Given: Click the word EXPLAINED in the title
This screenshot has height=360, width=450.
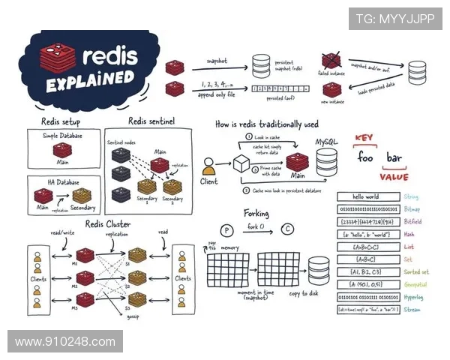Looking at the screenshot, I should (x=88, y=77).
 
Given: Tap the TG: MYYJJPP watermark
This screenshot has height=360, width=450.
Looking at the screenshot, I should (x=394, y=19).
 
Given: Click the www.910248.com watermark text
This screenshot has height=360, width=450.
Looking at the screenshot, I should (x=64, y=341).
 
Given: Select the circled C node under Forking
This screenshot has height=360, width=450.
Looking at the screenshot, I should (x=287, y=229).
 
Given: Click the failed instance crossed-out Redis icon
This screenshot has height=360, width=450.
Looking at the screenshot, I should (x=331, y=60).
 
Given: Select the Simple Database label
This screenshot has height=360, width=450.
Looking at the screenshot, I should (x=61, y=135).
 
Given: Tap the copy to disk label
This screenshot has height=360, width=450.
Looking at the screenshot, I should (x=302, y=292).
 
